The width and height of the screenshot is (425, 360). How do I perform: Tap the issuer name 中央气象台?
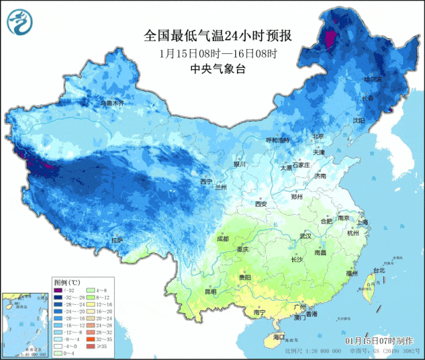(x=218, y=68)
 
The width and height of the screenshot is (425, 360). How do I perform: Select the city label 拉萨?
(x=118, y=240)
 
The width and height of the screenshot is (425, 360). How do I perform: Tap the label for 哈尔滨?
(x=373, y=79)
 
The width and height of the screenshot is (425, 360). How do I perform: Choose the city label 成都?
(x=222, y=238)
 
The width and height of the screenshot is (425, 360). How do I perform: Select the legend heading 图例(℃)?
(x=66, y=282)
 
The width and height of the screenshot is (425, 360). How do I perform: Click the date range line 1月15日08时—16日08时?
(x=218, y=52)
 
